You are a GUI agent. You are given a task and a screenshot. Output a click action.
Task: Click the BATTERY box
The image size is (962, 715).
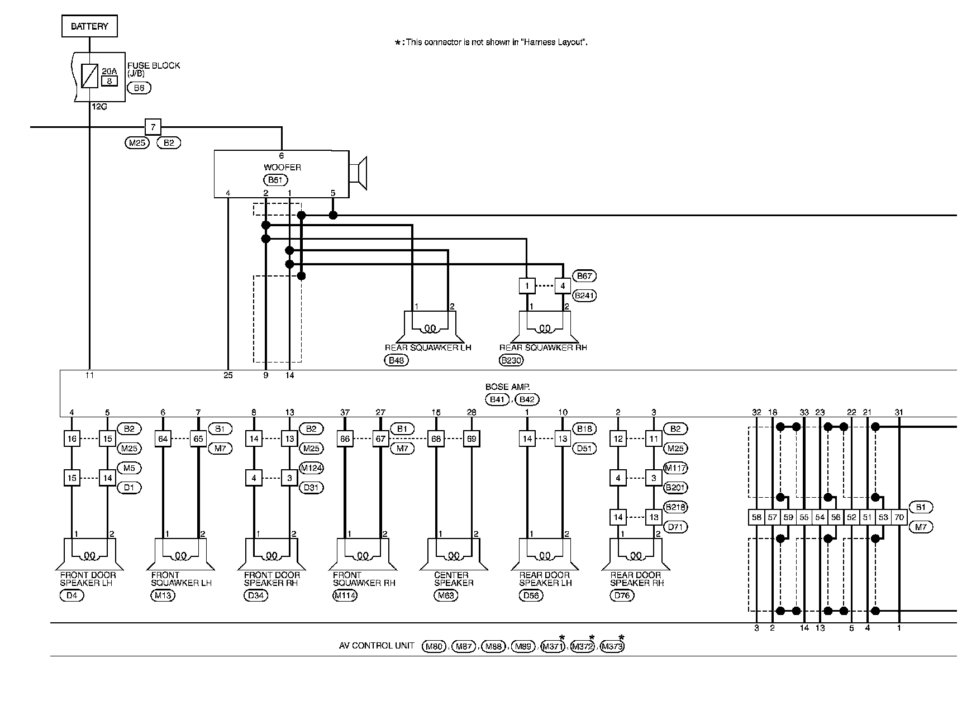[x=89, y=26]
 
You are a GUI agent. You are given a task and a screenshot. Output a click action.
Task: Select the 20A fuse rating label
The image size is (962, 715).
[x=109, y=71]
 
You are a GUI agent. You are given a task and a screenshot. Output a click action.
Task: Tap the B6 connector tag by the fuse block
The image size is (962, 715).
[x=139, y=88]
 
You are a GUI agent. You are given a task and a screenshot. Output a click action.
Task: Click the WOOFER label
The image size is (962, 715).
[x=282, y=168]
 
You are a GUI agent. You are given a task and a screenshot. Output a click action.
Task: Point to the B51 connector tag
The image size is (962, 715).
[x=275, y=180]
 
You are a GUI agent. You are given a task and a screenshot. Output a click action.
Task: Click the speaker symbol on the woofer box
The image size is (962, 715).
[x=358, y=173]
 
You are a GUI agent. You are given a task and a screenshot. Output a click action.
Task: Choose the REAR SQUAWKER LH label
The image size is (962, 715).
[x=428, y=347]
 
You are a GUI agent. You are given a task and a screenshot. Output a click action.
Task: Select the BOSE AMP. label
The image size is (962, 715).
[x=504, y=387]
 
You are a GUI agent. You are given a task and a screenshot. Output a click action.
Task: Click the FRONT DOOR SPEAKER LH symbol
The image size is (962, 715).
[x=89, y=554]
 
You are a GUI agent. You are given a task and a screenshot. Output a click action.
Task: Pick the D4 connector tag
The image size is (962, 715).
[x=72, y=595]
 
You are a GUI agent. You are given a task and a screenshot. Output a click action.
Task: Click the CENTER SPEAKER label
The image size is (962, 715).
[x=454, y=579]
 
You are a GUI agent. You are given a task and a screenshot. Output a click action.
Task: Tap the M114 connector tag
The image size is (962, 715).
[x=345, y=595]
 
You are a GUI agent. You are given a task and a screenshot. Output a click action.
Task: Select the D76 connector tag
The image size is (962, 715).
[x=622, y=595]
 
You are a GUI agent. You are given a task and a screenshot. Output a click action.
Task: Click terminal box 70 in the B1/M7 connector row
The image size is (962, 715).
[x=899, y=517]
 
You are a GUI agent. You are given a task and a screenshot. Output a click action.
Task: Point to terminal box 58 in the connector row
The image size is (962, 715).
[x=756, y=517]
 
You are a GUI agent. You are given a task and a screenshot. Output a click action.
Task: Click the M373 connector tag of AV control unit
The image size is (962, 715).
[x=612, y=647]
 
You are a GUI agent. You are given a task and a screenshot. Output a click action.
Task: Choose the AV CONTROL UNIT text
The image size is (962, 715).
[x=377, y=646]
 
